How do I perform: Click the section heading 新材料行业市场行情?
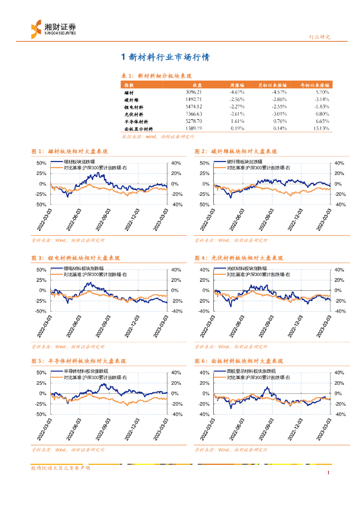click(166, 58)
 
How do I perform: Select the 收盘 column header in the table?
click(197, 85)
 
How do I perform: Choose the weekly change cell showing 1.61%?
click(237, 121)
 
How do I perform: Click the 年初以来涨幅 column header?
click(315, 85)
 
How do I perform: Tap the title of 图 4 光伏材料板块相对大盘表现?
click(239, 258)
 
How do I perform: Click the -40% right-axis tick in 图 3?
click(176, 311)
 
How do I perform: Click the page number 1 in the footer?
click(329, 472)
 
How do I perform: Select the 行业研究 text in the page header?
click(320, 37)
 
